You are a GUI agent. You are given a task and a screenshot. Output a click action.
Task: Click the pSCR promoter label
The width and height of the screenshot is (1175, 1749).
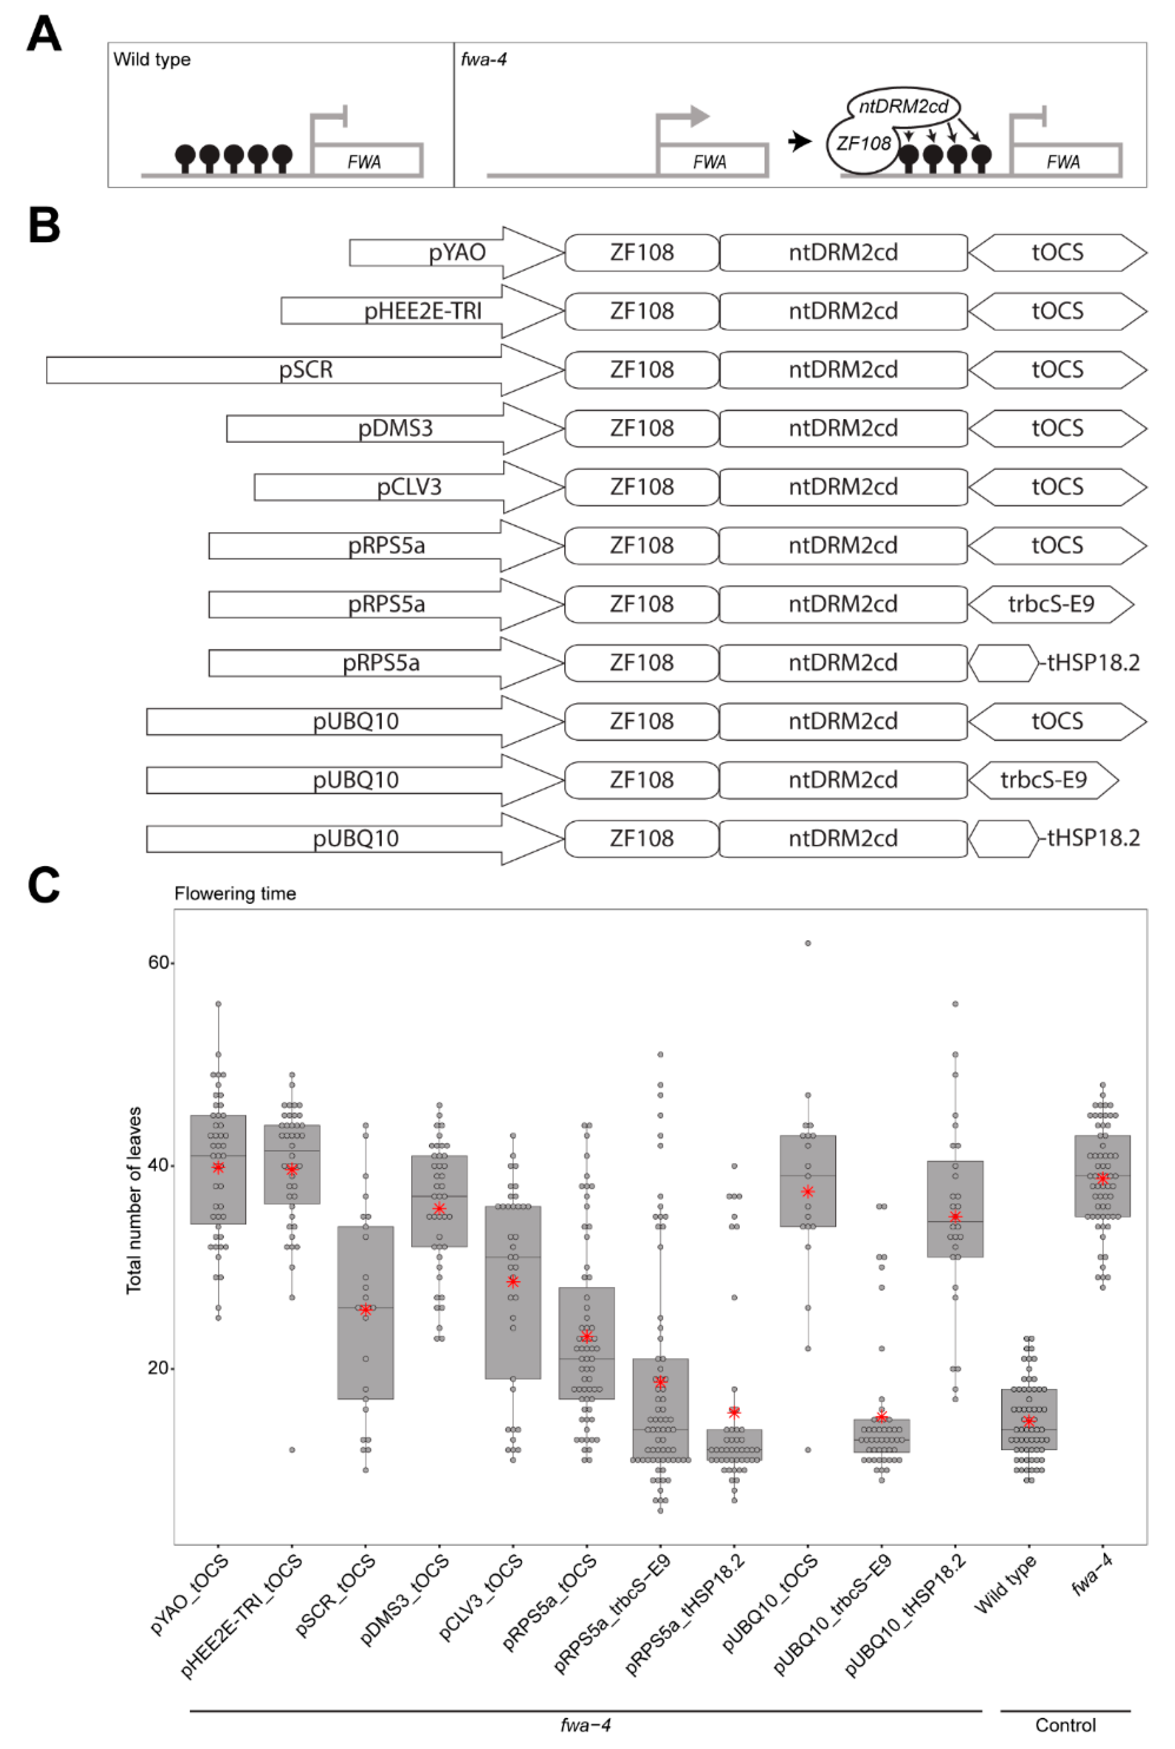pyautogui.click(x=306, y=370)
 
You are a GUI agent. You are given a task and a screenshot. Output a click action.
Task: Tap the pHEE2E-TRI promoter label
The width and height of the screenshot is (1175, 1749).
pyautogui.click(x=423, y=311)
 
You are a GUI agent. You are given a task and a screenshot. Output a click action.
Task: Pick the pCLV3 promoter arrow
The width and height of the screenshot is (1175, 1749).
pyautogui.click(x=409, y=487)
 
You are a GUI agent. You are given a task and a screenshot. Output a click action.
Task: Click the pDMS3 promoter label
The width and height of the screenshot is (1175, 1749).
pyautogui.click(x=395, y=428)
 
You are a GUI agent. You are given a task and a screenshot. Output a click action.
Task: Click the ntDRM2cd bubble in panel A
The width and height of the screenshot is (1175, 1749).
pyautogui.click(x=903, y=106)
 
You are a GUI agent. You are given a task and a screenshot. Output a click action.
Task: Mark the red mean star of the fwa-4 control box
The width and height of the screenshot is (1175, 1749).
pyautogui.click(x=1102, y=1179)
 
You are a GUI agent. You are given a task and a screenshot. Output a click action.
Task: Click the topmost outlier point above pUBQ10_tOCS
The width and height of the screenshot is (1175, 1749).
pyautogui.click(x=807, y=943)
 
